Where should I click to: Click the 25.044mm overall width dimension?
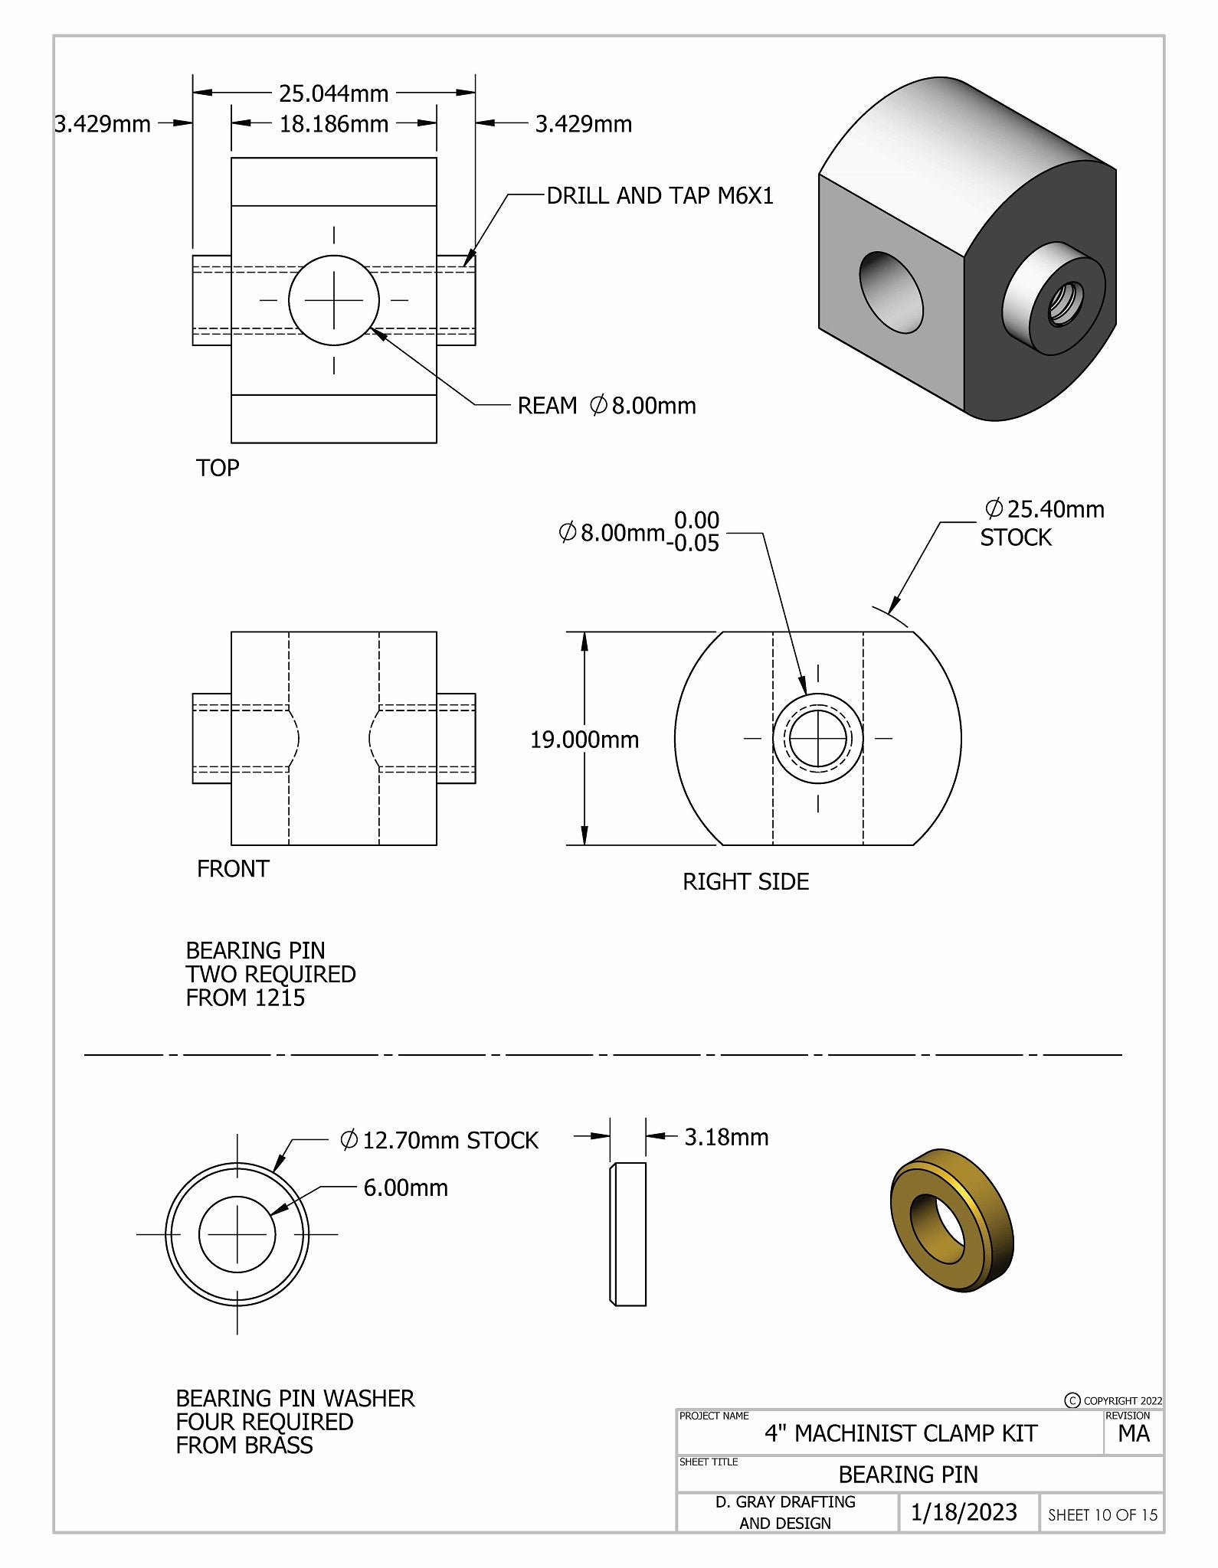(333, 93)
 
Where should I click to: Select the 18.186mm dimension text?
(333, 124)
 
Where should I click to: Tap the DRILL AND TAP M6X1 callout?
(660, 196)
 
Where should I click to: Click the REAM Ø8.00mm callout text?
(606, 406)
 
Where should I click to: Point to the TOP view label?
(218, 468)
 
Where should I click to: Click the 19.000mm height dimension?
(584, 740)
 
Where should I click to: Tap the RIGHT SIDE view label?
(745, 881)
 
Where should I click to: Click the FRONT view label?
(233, 869)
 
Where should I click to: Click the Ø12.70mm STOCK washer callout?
(439, 1140)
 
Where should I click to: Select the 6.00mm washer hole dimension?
(405, 1187)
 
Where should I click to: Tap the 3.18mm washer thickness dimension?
(726, 1137)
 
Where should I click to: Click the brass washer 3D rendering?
(951, 1221)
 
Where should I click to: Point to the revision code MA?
(1133, 1434)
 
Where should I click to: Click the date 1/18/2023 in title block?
(964, 1512)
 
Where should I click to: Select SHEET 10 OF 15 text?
(1102, 1514)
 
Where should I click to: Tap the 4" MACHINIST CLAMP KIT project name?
(901, 1433)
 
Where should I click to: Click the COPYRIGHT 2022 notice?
(1114, 1400)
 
